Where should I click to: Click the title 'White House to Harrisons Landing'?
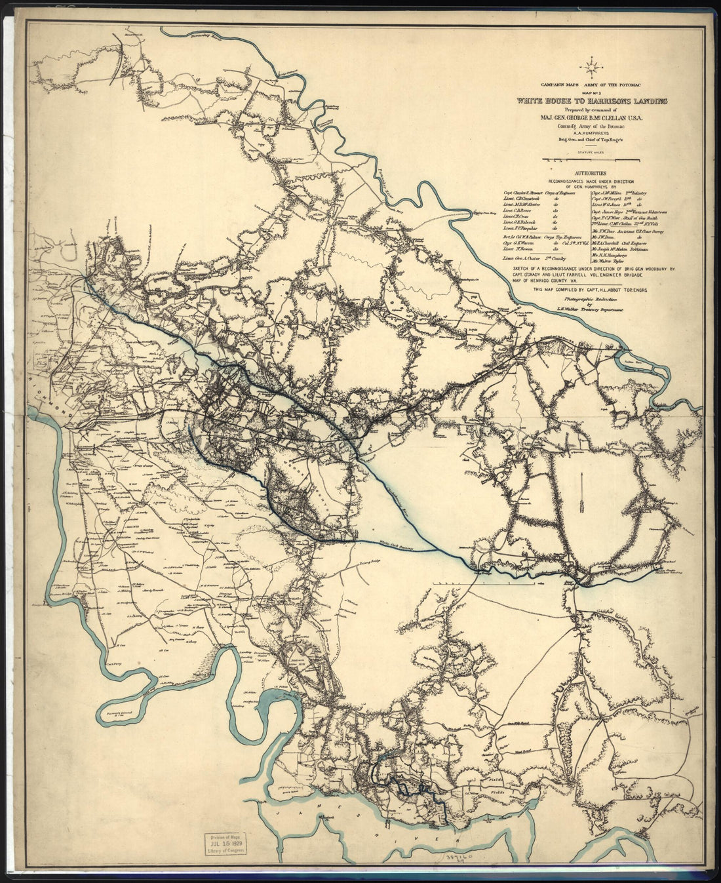coord(592,102)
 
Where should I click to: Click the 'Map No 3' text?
coord(592,92)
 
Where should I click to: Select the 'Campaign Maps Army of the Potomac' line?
coord(592,85)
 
